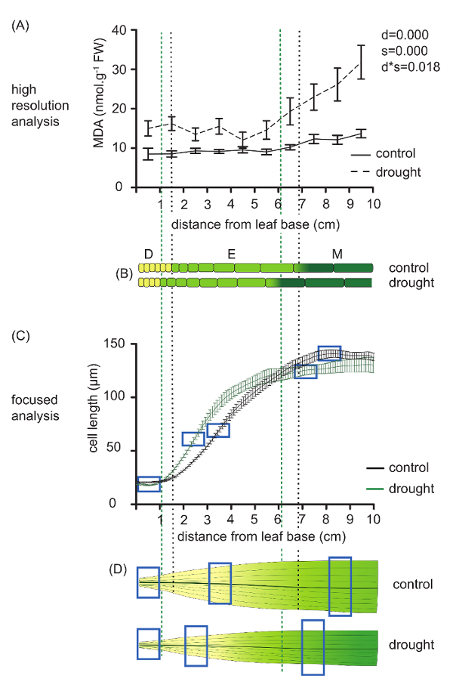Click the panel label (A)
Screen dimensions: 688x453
tap(21, 25)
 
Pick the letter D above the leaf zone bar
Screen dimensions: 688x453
tap(148, 255)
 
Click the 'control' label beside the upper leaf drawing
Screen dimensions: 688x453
tap(412, 584)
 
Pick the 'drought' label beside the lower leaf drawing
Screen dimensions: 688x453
tap(412, 646)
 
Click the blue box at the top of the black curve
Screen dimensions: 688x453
tap(329, 353)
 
